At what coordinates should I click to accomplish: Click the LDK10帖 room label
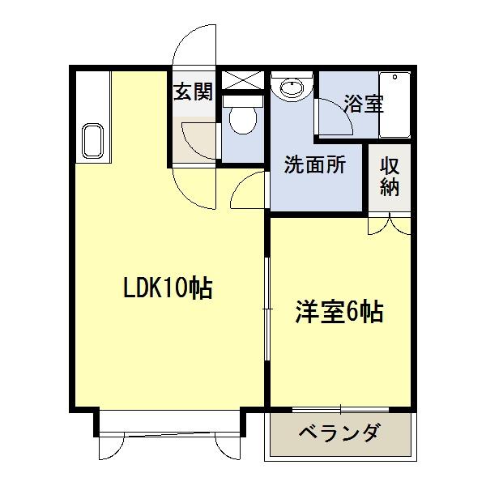[x=167, y=288]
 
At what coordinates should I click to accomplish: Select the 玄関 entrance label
[x=193, y=91]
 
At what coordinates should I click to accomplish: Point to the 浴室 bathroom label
[x=362, y=104]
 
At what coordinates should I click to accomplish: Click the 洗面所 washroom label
[x=314, y=164]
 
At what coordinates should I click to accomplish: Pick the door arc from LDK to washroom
[x=248, y=192]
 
